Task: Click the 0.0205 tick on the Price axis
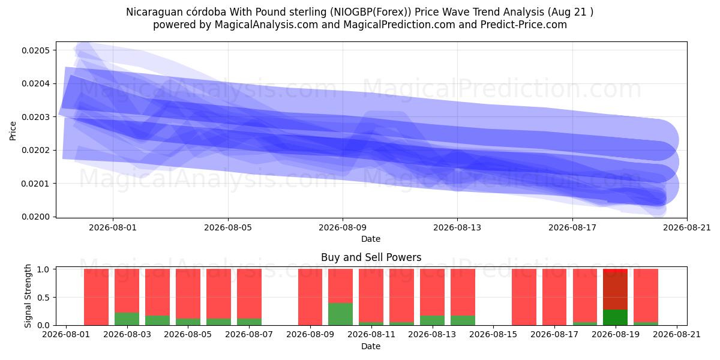click(x=35, y=50)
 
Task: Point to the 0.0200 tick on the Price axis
click(x=35, y=217)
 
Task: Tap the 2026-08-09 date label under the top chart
click(x=343, y=227)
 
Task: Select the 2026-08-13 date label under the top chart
click(x=457, y=227)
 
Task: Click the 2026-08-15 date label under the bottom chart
click(x=493, y=334)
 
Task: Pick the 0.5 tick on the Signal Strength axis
click(x=43, y=298)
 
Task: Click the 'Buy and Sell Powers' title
click(x=371, y=257)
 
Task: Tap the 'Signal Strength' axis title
click(x=28, y=296)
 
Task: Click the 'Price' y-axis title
click(x=13, y=131)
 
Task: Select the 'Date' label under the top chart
click(x=371, y=239)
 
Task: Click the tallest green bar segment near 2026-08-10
click(x=340, y=314)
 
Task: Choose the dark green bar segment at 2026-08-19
click(x=615, y=317)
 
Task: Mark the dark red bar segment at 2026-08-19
click(x=615, y=291)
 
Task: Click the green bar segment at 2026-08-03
click(x=127, y=319)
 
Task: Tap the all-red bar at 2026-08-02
click(x=96, y=298)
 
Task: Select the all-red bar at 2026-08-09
click(x=310, y=298)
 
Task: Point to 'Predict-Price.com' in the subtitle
click(x=524, y=25)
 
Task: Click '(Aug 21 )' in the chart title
click(x=570, y=12)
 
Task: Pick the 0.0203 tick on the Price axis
click(x=35, y=117)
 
